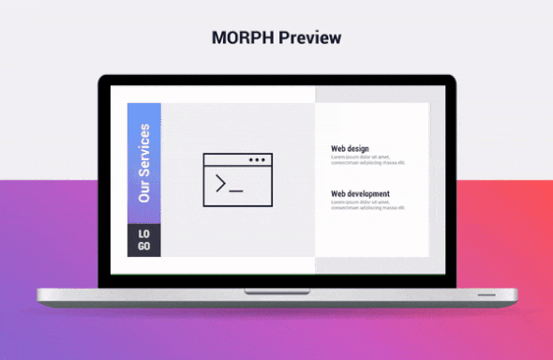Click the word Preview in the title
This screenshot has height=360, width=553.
click(310, 38)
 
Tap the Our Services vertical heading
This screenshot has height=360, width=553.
click(144, 163)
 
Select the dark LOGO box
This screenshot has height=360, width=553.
click(144, 240)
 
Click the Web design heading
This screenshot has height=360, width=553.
click(350, 148)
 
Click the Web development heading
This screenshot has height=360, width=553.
click(360, 194)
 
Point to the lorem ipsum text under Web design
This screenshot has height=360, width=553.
click(367, 159)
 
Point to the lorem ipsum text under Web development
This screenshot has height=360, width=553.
click(367, 205)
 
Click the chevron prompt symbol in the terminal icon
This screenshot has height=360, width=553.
click(221, 184)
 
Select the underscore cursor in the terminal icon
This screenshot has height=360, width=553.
click(236, 190)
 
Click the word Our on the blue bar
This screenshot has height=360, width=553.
click(144, 192)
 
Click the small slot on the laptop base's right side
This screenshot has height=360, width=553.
click(488, 294)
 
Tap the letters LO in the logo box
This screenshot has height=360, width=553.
click(143, 233)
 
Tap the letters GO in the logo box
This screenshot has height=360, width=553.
click(143, 246)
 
